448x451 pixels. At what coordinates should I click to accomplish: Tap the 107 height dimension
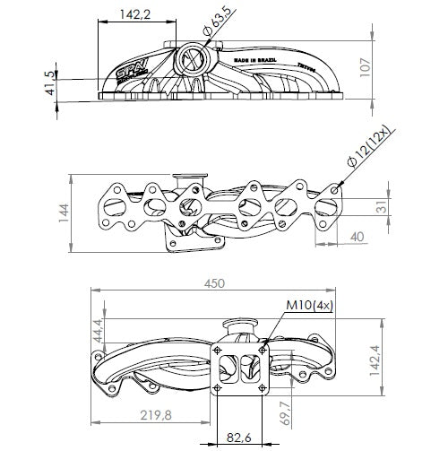(388, 69)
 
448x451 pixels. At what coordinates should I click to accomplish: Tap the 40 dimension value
(356, 237)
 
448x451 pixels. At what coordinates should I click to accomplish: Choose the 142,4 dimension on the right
(387, 363)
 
